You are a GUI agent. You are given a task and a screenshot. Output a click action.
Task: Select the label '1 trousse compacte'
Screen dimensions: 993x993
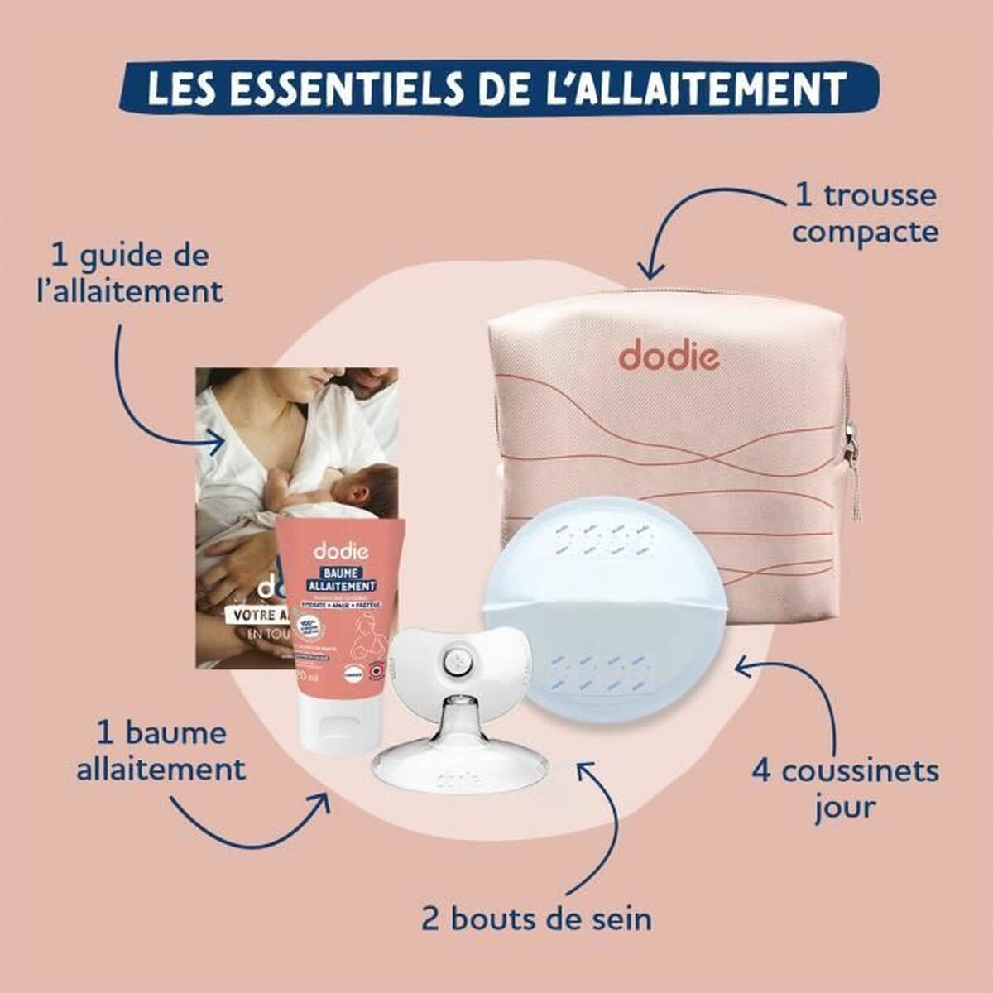tap(864, 213)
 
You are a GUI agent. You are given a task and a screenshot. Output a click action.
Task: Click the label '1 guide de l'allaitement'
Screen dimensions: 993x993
tap(137, 273)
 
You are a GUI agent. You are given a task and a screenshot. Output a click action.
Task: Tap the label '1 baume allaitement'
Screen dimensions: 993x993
tap(161, 751)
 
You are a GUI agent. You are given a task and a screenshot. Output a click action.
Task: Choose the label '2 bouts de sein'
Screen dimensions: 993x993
tap(536, 919)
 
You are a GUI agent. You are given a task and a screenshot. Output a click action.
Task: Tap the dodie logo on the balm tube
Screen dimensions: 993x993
tap(337, 551)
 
